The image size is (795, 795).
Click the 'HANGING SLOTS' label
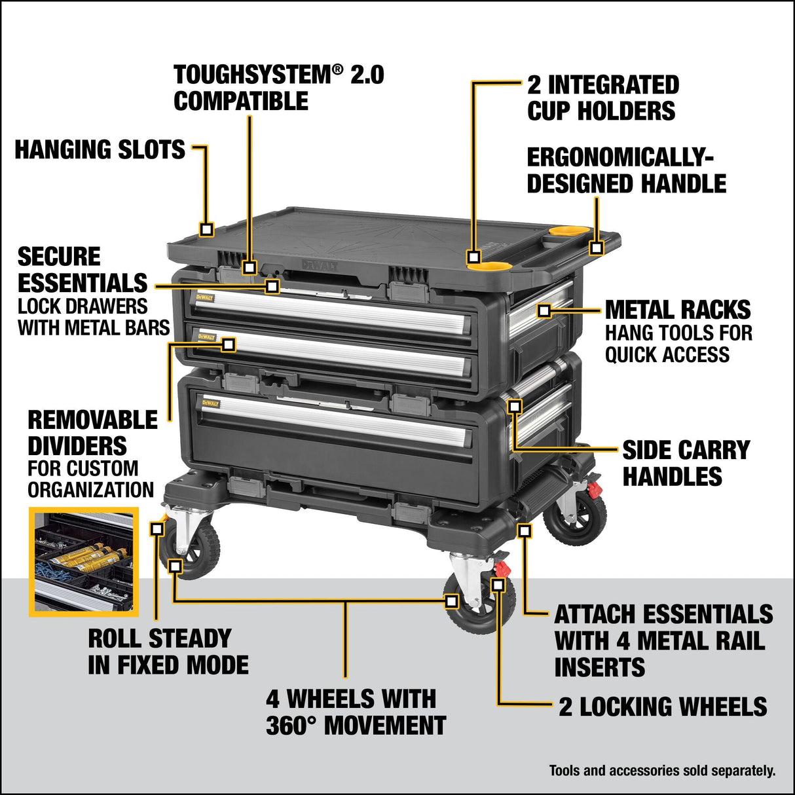100,150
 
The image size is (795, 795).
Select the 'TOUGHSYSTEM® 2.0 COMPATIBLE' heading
278,88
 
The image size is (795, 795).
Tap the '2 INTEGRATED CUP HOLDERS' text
602,98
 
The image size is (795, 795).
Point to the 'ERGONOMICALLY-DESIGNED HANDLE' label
626,171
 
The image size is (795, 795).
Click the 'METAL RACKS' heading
677,310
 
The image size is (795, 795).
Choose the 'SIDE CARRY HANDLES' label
685,463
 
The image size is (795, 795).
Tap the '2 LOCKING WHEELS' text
662,707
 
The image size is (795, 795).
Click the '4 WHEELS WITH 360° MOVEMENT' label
356,712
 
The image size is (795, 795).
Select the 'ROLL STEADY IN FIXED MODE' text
168,652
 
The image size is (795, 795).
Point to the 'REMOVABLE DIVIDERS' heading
92,433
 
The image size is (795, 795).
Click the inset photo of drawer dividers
83,561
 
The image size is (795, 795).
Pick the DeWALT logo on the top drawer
204,297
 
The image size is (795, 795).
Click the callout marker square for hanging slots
207,229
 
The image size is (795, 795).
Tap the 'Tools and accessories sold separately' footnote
662,771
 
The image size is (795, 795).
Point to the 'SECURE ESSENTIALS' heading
83,270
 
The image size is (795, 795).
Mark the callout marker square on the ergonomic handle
596,248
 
